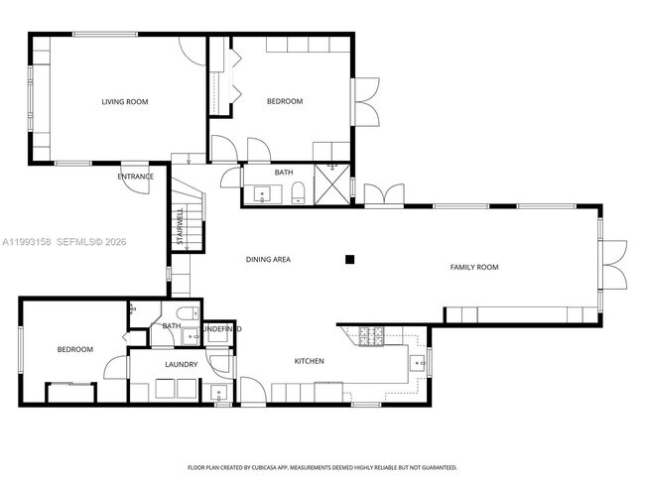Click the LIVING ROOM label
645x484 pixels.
(125, 101)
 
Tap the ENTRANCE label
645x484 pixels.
(137, 177)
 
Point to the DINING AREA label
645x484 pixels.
(268, 260)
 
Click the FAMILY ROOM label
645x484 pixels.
(474, 267)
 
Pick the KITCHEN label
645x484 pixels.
(309, 361)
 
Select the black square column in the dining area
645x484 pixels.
(349, 260)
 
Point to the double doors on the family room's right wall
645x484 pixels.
(616, 265)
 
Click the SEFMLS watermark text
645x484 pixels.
(75, 241)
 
